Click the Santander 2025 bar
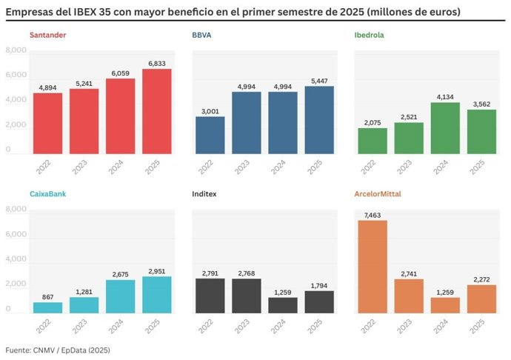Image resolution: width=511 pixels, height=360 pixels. (157, 112)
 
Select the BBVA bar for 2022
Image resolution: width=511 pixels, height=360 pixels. (210, 136)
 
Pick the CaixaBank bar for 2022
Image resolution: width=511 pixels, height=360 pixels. (48, 307)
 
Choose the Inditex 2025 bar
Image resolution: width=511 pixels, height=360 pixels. (319, 301)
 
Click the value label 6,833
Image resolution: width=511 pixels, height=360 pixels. (157, 64)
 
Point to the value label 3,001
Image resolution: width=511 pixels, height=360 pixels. (210, 111)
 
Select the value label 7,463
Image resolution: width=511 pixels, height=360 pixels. (373, 215)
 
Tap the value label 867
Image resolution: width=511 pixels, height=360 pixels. (48, 297)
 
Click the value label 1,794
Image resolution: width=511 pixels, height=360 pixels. (319, 285)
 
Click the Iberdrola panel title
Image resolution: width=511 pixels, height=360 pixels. (370, 35)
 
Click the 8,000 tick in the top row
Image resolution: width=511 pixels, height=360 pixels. (16, 50)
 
